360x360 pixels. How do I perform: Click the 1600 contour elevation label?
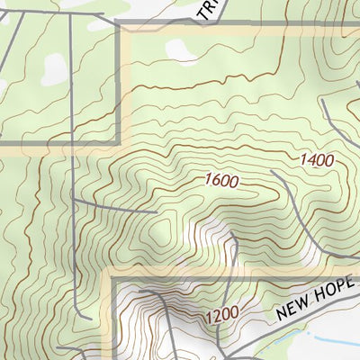pyautogui.click(x=221, y=180)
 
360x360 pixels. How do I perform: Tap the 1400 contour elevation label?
pyautogui.click(x=317, y=160)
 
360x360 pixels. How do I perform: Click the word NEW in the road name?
pyautogui.click(x=294, y=310)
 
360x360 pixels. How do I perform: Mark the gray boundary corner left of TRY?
pyautogui.click(x=120, y=26)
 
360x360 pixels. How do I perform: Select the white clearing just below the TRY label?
pyautogui.click(x=183, y=52)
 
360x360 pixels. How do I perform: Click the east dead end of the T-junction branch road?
pyautogui.click(x=158, y=212)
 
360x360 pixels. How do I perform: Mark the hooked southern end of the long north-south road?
pyautogui.click(x=85, y=318)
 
